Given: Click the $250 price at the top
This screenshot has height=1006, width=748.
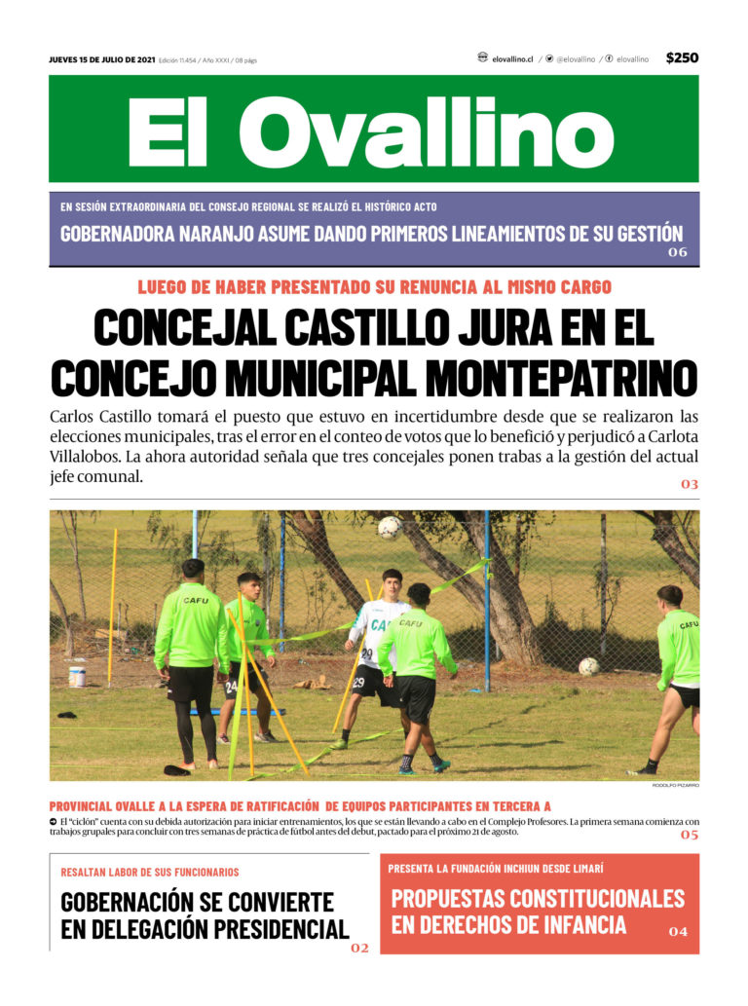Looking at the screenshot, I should [x=682, y=57].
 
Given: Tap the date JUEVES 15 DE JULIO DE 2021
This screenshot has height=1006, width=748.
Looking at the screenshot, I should [x=101, y=60].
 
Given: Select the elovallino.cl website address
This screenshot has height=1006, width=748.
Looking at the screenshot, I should [x=512, y=59].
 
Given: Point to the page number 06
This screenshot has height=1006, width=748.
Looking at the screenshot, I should [x=678, y=253].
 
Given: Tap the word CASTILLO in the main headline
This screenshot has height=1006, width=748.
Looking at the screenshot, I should [x=361, y=327].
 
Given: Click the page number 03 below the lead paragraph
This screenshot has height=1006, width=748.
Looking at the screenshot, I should [x=689, y=484].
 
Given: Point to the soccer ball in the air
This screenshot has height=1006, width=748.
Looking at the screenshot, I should [x=390, y=528].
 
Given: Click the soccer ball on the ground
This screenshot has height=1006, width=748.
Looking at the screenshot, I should [x=588, y=667].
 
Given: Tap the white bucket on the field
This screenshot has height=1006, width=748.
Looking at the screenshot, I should [x=77, y=676].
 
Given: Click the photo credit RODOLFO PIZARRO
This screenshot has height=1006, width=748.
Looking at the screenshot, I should [x=677, y=785].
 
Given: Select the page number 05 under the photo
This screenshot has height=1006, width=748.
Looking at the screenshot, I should [x=689, y=836].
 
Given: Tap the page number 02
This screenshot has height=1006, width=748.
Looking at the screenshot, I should [x=359, y=948].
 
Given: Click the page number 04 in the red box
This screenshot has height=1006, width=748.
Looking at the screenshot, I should [x=678, y=932].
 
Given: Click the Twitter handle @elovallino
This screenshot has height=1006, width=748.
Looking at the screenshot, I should [x=575, y=59].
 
